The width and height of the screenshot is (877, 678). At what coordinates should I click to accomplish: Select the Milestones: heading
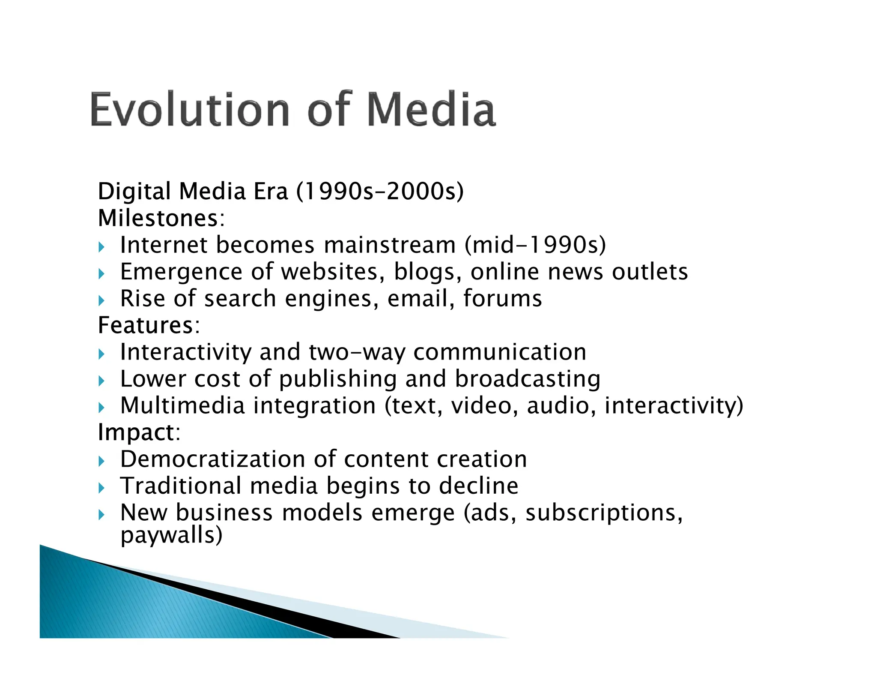161,218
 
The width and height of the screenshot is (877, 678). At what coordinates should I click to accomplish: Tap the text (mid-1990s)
535,245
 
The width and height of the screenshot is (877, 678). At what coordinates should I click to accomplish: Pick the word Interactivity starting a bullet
185,353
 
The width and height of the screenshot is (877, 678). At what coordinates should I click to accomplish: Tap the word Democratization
212,459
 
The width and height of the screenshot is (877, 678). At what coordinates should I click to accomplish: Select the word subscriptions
603,513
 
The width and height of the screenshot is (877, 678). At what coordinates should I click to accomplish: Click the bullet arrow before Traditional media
101,488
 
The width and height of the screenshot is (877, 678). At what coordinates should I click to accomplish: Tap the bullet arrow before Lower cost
101,381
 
